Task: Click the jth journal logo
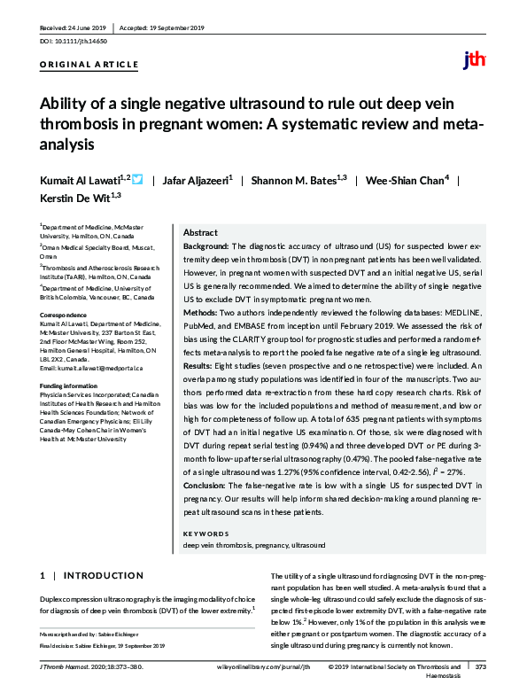pyautogui.click(x=475, y=60)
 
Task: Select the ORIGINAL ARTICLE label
pyautogui.click(x=89, y=65)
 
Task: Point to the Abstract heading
pyautogui.click(x=200, y=231)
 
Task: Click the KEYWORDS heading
pyautogui.click(x=205, y=533)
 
